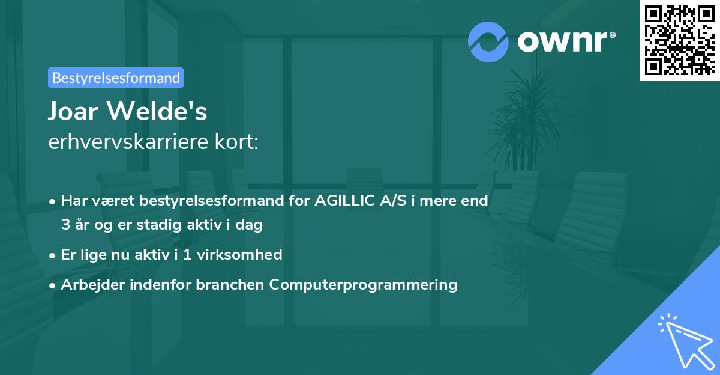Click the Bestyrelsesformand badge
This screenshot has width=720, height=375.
pyautogui.click(x=116, y=78)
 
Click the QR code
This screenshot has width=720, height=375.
pyautogui.click(x=680, y=39)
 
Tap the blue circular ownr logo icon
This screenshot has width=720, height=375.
pyautogui.click(x=488, y=41)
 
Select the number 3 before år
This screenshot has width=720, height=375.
pyautogui.click(x=65, y=225)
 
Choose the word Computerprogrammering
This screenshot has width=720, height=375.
pyautogui.click(x=364, y=284)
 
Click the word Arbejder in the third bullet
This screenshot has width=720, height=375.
pyautogui.click(x=89, y=284)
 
